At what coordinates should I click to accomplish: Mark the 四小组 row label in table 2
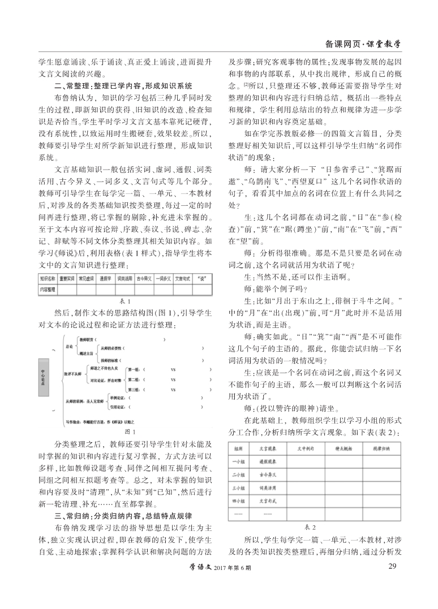pos(238,500)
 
